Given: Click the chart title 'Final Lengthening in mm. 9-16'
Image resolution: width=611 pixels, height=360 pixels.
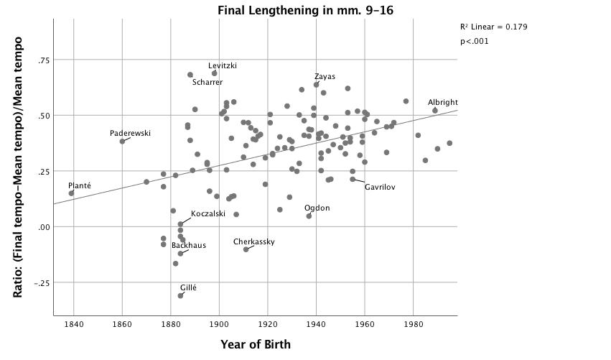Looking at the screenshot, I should pos(305,10).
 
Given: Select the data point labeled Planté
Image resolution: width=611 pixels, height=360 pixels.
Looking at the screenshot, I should pos(71,193).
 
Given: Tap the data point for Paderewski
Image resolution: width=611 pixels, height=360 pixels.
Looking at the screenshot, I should pos(122,142).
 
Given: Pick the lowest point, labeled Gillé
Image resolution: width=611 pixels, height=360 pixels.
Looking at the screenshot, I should pos(180,296).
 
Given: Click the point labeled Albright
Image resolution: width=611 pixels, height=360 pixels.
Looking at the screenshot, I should pos(435,111).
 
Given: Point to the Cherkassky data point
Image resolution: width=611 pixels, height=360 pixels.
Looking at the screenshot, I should pos(246,249).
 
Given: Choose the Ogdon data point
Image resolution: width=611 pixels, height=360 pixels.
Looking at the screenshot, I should pos(309,216).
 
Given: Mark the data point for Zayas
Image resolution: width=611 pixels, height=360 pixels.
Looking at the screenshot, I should pos(316,85).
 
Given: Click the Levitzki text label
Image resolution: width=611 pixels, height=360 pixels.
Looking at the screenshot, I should pos(223,66).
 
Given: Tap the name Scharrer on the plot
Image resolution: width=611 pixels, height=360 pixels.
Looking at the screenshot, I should pos(207,83).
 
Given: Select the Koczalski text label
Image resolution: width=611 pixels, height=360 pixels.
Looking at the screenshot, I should pos(208,213).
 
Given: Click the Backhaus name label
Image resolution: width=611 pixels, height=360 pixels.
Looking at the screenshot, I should pos(189,245).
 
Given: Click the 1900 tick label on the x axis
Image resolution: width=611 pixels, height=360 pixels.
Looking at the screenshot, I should pos(219,324).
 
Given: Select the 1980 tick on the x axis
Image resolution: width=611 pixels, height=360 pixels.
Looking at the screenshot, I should pos(413,324).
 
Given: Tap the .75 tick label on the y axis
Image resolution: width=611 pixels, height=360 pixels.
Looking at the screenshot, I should pos(44,60).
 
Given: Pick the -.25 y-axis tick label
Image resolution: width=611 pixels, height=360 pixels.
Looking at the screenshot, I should pos(42,282).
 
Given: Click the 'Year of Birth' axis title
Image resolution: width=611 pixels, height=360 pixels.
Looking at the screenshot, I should pos(256,344).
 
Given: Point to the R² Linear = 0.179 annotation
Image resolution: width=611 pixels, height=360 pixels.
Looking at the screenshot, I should pos(494,27).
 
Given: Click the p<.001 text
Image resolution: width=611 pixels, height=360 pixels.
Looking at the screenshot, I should pos(475,41).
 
